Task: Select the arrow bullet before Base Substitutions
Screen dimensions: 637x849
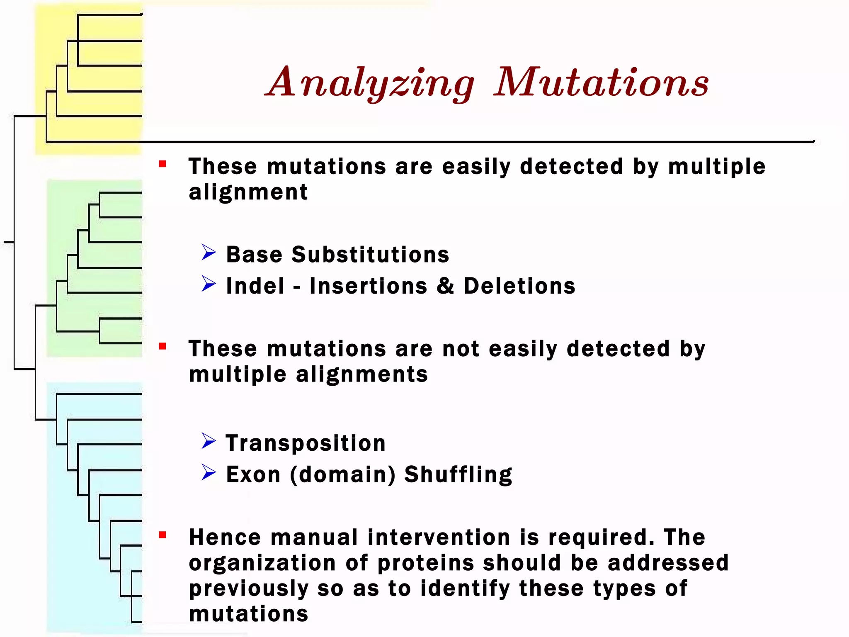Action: pos(209,252)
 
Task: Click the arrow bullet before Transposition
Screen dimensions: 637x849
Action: pos(209,441)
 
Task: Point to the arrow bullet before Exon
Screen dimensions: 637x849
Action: pos(209,472)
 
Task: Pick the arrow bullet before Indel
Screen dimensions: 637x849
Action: pos(209,284)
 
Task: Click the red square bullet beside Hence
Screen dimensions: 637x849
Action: pos(163,535)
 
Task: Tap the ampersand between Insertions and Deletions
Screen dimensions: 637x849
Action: pos(445,286)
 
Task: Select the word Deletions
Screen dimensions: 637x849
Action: pos(519,286)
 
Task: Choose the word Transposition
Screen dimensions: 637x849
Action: pos(306,443)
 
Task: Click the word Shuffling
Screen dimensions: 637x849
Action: pos(458,474)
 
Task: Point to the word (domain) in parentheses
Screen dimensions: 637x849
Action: pos(342,474)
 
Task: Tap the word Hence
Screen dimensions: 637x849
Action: pos(225,537)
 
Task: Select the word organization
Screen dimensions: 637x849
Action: pos(262,563)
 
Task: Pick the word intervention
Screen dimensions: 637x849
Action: pos(439,537)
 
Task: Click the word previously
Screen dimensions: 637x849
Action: pos(249,588)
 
